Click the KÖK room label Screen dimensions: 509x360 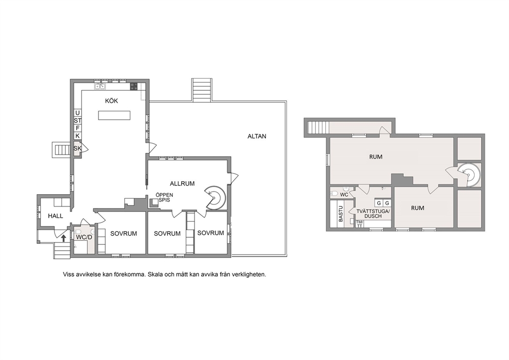111,101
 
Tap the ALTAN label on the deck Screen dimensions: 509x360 257,137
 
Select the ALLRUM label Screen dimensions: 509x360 182,183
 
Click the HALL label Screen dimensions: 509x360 55,216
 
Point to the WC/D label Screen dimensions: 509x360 84,237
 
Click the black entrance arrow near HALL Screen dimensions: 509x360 64,238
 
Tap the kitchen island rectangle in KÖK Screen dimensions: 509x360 114,116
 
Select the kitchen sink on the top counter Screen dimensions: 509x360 100,86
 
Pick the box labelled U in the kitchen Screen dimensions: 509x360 77,113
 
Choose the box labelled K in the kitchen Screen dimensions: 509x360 77,136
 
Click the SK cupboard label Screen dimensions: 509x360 77,148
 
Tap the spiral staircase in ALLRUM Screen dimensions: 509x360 214,197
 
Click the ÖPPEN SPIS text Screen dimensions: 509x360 164,197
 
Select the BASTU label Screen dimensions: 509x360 341,214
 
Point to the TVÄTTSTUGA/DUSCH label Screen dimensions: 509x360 374,214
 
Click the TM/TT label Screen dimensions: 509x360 359,223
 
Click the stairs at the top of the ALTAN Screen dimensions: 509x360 202,90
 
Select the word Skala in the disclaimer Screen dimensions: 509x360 155,274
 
